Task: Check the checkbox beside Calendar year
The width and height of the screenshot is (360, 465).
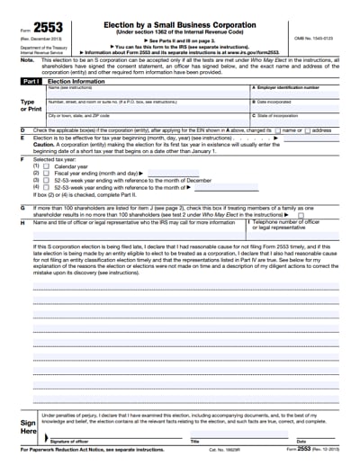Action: [49, 166]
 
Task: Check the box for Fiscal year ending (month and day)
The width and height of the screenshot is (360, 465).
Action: [49, 174]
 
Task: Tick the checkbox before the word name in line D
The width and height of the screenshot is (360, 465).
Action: [279, 130]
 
